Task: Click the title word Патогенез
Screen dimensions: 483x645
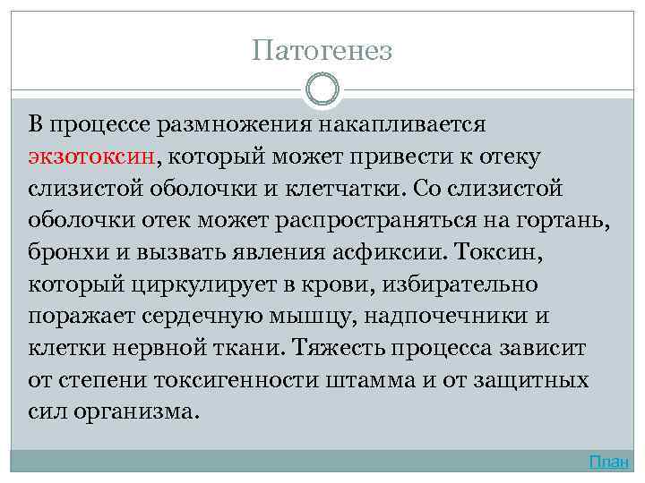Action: (x=322, y=50)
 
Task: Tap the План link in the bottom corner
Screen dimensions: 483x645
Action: (x=609, y=462)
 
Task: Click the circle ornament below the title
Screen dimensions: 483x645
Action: (x=322, y=89)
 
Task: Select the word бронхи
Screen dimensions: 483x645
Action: (x=62, y=253)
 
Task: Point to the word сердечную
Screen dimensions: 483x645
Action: (x=208, y=318)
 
